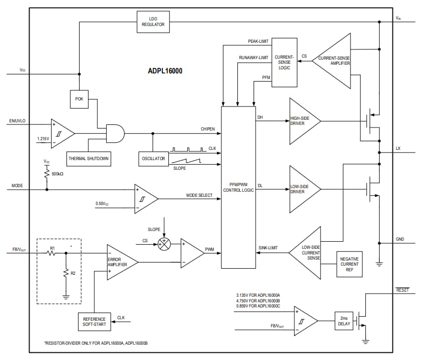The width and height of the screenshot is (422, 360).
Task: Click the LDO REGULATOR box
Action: (154, 21)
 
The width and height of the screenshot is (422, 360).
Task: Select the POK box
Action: (79, 99)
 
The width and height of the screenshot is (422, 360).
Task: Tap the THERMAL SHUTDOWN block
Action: (89, 158)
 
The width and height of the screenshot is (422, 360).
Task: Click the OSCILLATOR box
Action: (153, 158)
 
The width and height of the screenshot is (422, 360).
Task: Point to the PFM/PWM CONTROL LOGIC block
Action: (238, 187)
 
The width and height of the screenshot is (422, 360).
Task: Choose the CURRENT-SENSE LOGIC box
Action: (284, 62)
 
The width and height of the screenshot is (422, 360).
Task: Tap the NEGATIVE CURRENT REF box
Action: (349, 264)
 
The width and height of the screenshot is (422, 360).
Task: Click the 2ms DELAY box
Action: (344, 320)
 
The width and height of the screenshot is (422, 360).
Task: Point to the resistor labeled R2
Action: (66, 274)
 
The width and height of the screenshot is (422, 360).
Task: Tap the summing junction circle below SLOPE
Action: (164, 244)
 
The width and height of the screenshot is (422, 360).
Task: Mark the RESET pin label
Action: (403, 290)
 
